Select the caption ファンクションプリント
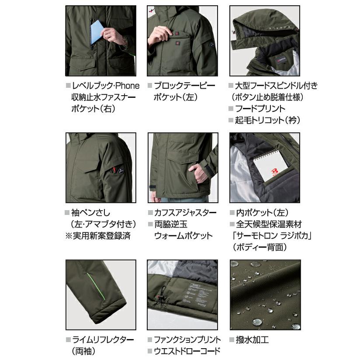click(187, 339)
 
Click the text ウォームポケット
click(183, 235)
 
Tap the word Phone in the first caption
click(128, 86)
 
